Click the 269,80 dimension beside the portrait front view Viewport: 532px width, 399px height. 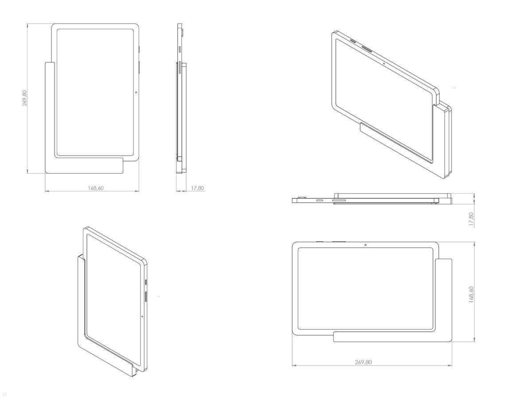(25, 98)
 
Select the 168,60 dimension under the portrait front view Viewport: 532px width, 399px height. (95, 188)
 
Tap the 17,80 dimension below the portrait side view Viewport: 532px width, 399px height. (197, 188)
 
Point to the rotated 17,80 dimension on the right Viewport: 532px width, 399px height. (471, 219)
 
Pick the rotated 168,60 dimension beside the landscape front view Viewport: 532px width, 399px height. (471, 294)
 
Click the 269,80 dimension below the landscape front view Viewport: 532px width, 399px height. (363, 362)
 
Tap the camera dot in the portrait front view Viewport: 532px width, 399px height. (136, 92)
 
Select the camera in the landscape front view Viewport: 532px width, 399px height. (364, 245)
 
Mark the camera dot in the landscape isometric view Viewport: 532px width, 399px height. (383, 63)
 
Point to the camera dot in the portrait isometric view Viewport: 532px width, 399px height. (141, 317)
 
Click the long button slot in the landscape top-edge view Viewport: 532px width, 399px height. (339, 200)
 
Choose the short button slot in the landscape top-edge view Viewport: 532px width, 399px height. (319, 200)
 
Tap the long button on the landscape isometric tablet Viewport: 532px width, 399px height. (368, 47)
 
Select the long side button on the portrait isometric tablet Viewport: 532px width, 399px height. (146, 298)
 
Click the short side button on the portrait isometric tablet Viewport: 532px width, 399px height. (146, 282)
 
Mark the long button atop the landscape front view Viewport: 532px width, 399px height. (339, 242)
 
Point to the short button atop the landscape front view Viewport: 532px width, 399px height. (320, 242)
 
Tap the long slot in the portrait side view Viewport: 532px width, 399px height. (179, 70)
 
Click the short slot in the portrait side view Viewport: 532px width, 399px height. (180, 50)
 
